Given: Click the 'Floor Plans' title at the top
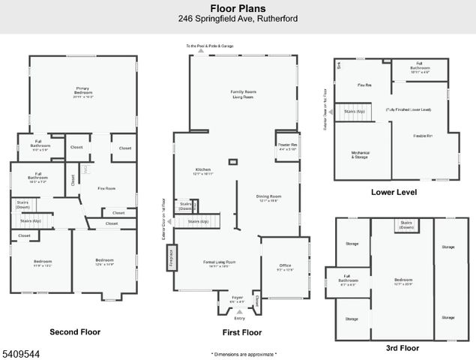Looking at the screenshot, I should tap(237, 8).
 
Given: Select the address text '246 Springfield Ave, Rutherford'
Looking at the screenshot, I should tap(237, 19).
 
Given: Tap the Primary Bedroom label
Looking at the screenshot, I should tap(83, 91).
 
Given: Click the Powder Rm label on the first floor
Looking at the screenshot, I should tap(287, 146).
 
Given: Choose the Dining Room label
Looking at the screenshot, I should tap(268, 198).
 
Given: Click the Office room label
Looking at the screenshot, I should tap(285, 266).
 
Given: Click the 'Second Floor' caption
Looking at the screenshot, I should tap(75, 331).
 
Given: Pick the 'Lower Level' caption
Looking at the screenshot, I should tap(394, 192).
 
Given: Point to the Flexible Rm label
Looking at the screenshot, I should tap(423, 136).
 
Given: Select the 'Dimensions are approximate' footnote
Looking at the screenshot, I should tap(244, 353).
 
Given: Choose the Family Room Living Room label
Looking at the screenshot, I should tap(243, 93).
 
